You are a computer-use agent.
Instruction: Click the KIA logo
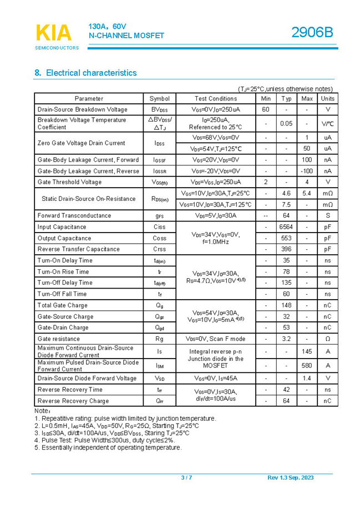(54, 33)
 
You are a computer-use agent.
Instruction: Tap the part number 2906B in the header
(313, 33)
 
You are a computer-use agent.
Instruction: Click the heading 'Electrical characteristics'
(91, 73)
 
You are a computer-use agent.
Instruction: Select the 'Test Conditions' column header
(216, 98)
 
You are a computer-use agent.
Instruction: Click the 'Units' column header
(327, 98)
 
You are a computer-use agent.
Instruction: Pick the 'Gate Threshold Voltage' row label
(69, 182)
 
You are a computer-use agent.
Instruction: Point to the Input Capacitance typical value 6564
(286, 227)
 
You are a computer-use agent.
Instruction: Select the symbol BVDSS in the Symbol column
(160, 110)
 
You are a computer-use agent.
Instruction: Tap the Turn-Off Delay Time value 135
(286, 283)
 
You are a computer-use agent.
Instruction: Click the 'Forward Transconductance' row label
(74, 216)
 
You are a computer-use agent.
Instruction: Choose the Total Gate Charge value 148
(286, 305)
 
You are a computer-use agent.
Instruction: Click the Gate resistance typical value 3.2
(286, 339)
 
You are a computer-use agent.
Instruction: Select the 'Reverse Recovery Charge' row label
(73, 401)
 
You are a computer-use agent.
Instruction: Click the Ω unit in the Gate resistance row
(327, 339)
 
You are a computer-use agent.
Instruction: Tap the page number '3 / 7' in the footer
(186, 478)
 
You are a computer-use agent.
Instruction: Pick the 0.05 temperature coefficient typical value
(286, 123)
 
